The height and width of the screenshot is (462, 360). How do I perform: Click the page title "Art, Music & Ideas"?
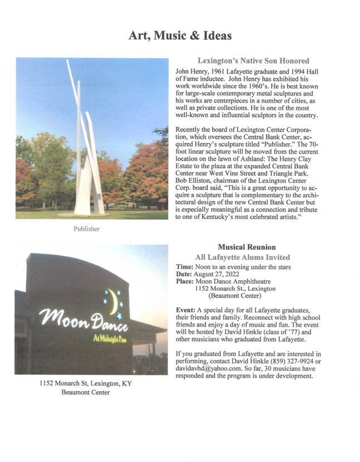tap(180, 36)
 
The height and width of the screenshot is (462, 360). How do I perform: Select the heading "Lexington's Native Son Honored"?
tap(253, 61)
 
